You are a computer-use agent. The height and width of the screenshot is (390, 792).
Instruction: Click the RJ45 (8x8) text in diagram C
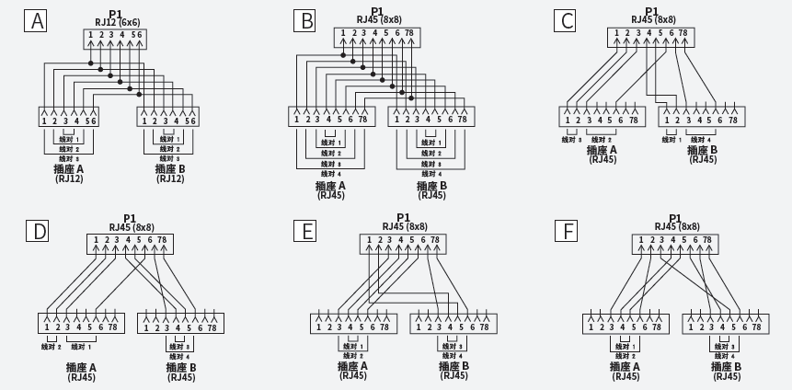pyautogui.click(x=653, y=19)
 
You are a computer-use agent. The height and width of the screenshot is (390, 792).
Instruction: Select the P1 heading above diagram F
pyautogui.click(x=674, y=219)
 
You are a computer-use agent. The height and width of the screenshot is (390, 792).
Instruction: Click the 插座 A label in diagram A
pyautogui.click(x=69, y=168)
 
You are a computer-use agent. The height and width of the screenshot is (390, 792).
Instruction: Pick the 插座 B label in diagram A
pyautogui.click(x=171, y=168)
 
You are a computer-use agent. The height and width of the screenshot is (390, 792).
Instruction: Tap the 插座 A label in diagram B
pyautogui.click(x=330, y=186)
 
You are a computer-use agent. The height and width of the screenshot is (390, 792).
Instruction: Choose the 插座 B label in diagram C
pyautogui.click(x=702, y=150)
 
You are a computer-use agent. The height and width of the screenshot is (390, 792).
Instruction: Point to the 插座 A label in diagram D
pyautogui.click(x=81, y=368)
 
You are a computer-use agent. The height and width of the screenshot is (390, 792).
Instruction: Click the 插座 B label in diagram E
pyautogui.click(x=454, y=366)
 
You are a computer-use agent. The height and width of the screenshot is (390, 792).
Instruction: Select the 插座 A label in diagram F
pyautogui.click(x=626, y=366)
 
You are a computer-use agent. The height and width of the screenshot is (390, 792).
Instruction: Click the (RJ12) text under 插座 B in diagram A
pyautogui.click(x=171, y=178)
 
